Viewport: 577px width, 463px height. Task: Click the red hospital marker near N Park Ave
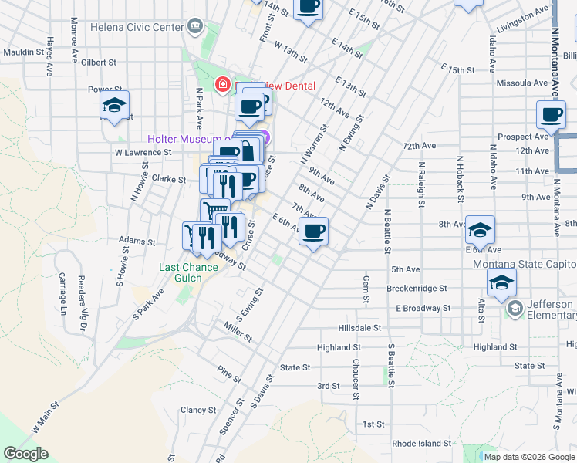tap(223, 83)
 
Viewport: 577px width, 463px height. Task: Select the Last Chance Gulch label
tap(181, 273)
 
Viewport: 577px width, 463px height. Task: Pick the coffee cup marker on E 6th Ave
tap(313, 231)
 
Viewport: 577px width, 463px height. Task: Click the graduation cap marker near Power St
tap(114, 106)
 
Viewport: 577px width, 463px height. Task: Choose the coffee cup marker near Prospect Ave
tap(551, 116)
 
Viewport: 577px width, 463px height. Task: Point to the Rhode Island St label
tap(421, 444)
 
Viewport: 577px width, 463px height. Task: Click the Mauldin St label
tap(24, 52)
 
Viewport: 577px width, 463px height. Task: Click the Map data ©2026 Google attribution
tap(529, 457)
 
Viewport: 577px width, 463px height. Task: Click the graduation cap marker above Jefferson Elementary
tap(501, 283)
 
